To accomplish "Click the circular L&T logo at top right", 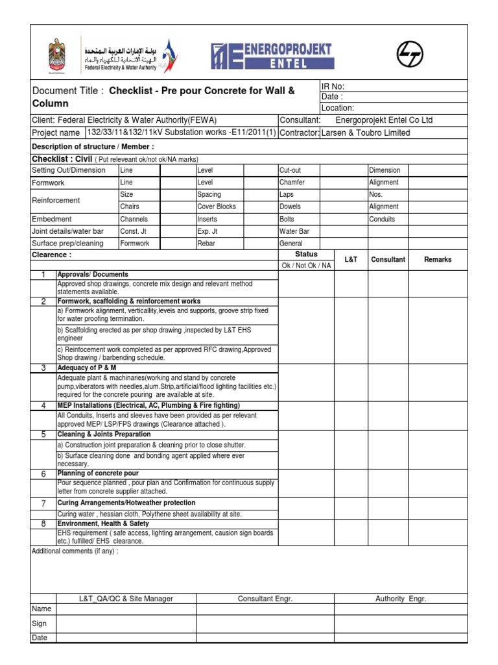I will tap(410, 54).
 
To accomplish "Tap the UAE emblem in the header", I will tap(58, 56).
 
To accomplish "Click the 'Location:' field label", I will tap(338, 108).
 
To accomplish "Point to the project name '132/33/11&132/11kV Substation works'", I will tap(181, 132).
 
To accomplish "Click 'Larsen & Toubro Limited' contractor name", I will tap(366, 132).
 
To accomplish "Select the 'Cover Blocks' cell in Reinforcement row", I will tap(217, 207).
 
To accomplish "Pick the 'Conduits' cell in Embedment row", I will tap(382, 219).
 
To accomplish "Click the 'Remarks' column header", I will tap(437, 260).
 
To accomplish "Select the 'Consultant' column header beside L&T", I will tap(388, 260).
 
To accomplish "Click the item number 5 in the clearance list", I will tap(43, 434).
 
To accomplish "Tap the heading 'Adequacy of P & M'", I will tap(87, 368).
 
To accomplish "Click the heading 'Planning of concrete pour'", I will tap(98, 474).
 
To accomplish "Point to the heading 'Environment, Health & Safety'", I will tap(103, 523).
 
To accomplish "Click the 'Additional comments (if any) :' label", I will tap(75, 551).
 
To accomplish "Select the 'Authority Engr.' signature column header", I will tap(401, 599).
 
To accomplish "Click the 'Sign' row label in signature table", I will tap(40, 623).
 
